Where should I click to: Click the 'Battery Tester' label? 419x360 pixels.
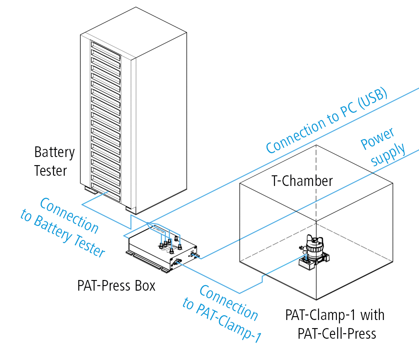click(x=54, y=161)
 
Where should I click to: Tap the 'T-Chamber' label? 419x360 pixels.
click(x=302, y=181)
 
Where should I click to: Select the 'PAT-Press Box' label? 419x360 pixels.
click(x=116, y=285)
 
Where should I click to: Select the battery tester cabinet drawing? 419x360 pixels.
click(x=132, y=111)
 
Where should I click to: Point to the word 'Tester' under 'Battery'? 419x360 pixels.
click(x=51, y=171)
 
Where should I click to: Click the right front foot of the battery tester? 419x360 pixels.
click(x=129, y=210)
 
